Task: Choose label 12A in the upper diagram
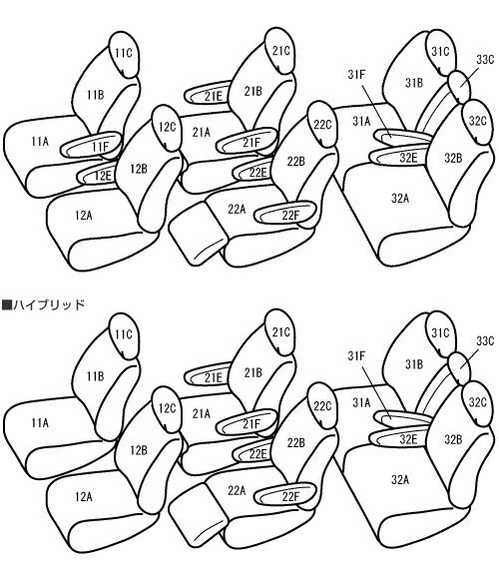[83, 215]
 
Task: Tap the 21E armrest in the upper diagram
[213, 96]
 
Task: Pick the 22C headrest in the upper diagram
[322, 125]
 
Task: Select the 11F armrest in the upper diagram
[99, 148]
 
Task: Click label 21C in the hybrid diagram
[280, 332]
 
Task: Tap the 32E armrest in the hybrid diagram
[407, 438]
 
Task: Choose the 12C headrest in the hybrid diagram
[167, 408]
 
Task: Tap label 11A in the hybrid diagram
[39, 423]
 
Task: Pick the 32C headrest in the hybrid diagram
[476, 402]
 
